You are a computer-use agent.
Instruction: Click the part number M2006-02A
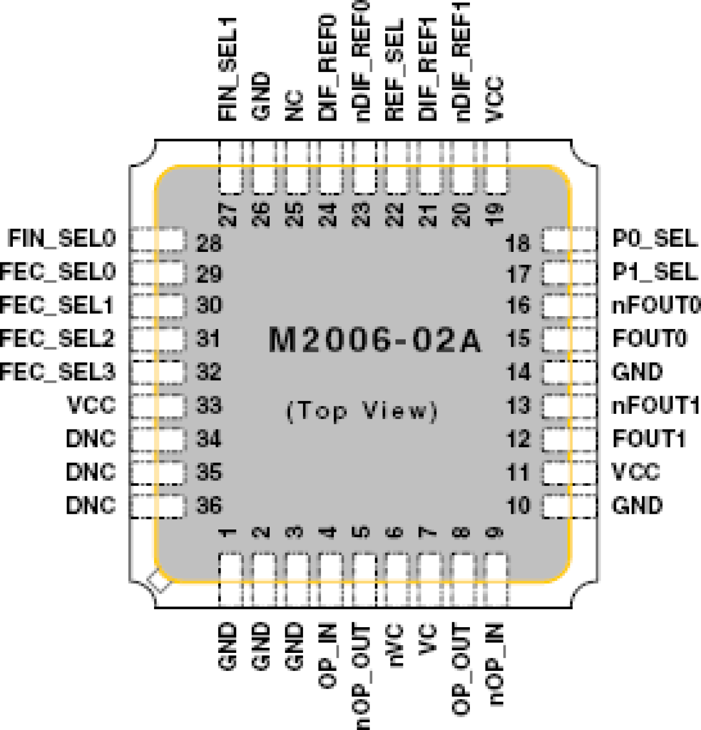coord(374,340)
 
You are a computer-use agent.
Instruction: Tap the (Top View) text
coord(362,411)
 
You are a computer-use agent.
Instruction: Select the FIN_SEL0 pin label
coord(61,238)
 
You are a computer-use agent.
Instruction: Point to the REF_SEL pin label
coord(395,70)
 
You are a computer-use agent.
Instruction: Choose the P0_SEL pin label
coord(655,238)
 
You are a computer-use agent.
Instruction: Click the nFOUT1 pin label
coord(656,405)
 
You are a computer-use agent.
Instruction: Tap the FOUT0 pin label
coord(650,338)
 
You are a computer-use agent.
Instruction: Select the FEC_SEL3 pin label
coord(57,372)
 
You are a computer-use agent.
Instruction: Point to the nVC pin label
coord(395,646)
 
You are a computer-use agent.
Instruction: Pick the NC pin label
coord(294,106)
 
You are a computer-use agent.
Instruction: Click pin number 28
coord(209,244)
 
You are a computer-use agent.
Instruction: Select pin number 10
coord(518,505)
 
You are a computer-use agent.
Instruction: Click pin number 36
coord(209,505)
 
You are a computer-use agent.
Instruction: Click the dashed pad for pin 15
coord(569,339)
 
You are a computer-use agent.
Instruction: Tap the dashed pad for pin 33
coord(157,405)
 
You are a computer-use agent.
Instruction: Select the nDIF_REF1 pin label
coord(463,61)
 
